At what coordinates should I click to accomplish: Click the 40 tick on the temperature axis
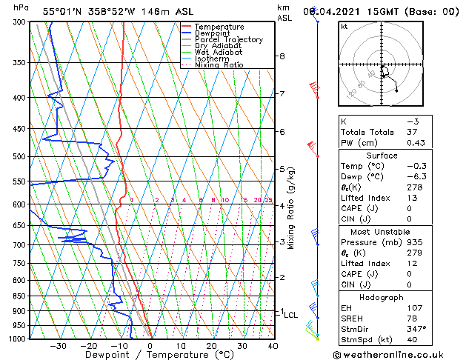click(x=273, y=346)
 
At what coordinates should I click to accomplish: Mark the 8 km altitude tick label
click(x=282, y=56)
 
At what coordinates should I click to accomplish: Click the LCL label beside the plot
click(x=291, y=315)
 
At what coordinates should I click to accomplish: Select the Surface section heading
click(x=382, y=156)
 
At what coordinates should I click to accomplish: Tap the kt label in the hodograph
click(x=344, y=26)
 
